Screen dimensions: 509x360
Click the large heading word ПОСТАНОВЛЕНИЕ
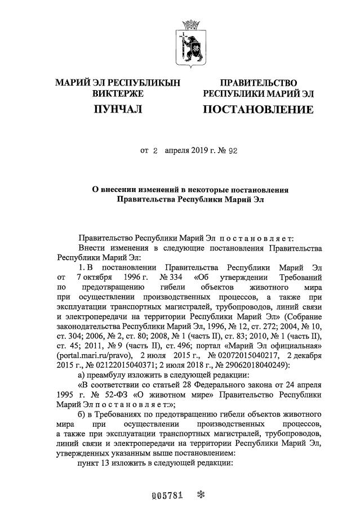[258, 109]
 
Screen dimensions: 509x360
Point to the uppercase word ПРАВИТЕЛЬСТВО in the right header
[258, 83]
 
